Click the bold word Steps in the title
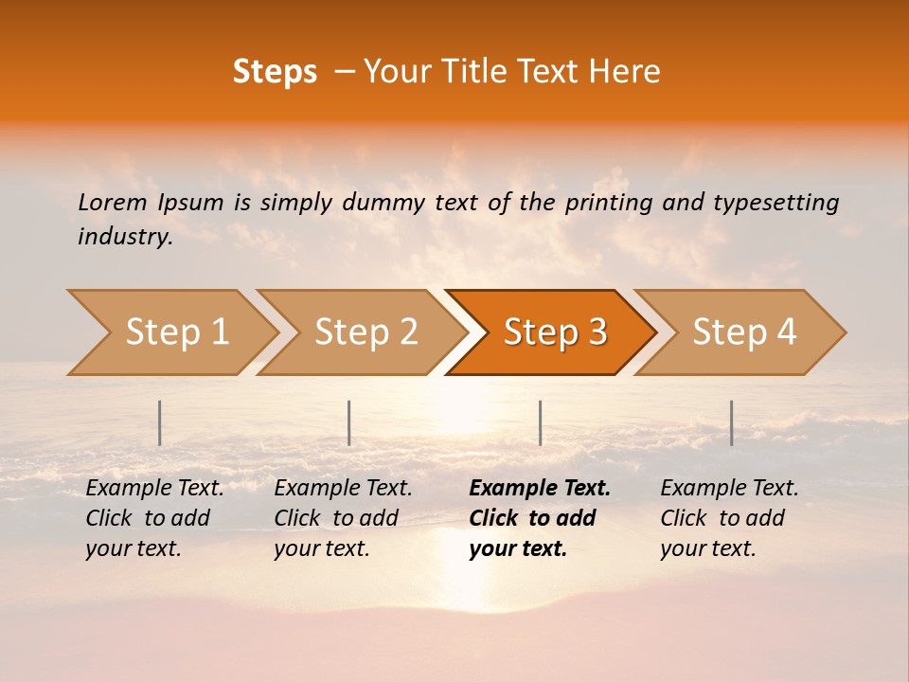[275, 72]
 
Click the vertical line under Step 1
[160, 422]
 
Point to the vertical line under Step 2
[349, 422]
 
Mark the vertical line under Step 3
[540, 422]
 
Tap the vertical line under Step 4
[731, 422]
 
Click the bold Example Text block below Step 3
[540, 518]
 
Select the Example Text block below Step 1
[154, 518]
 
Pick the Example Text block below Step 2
[343, 518]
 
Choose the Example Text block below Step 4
[729, 518]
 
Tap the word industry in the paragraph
[124, 237]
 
